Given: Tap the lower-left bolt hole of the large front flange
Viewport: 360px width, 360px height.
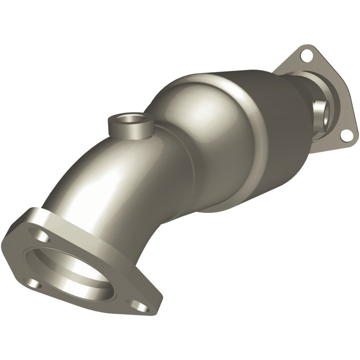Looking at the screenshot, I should [x=35, y=283].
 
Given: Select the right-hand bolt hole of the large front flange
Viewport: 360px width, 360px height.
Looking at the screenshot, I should [x=141, y=307].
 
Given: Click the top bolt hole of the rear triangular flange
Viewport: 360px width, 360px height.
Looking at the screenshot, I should [x=306, y=56].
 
